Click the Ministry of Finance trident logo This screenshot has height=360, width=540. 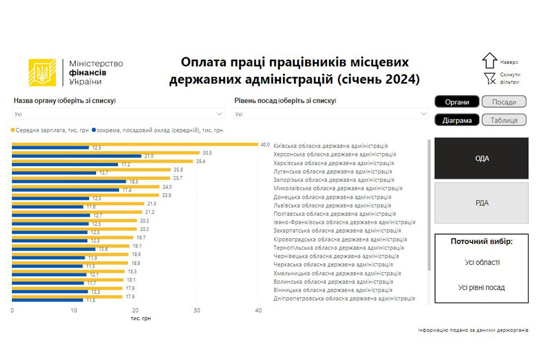coord(42,72)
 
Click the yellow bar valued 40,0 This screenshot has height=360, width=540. coord(135,144)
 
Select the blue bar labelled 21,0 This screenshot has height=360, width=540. coord(76,156)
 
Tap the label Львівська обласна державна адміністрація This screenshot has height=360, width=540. coord(332,205)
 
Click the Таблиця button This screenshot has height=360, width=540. coord(504,120)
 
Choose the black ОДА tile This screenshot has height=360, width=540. coord(481,158)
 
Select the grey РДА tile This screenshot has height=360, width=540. coord(481,203)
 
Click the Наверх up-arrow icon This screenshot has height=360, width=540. coord(489,60)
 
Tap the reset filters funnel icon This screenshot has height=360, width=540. coord(490,79)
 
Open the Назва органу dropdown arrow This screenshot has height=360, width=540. coord(220,114)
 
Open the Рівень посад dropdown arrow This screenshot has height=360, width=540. coord(423,114)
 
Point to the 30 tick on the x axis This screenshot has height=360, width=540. coord(197,310)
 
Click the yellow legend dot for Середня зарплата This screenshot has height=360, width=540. coord(13,130)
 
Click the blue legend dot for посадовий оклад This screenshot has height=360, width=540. coord(94,130)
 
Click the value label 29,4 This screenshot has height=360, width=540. coord(200,161)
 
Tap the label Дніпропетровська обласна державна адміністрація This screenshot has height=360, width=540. coord(344,298)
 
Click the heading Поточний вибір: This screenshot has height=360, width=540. coord(481,242)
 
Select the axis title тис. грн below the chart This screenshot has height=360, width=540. coord(141,318)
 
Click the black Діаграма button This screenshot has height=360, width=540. coord(457,120)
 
